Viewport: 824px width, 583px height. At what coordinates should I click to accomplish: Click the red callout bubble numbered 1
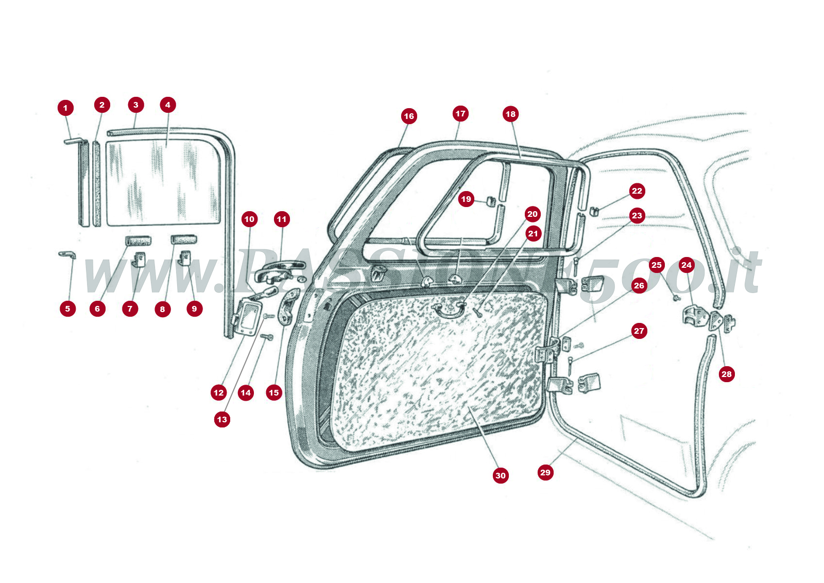[65, 108]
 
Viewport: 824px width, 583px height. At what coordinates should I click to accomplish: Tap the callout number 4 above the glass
[167, 105]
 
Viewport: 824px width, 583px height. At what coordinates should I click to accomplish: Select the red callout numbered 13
[222, 419]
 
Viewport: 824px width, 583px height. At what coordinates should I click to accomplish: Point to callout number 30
[501, 475]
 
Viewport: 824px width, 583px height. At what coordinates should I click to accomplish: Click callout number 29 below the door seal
[545, 472]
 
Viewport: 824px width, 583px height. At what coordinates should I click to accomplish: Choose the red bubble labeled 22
[637, 191]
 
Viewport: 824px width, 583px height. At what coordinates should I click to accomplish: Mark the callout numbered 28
[726, 374]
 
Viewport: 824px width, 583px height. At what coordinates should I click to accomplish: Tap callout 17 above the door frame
[460, 114]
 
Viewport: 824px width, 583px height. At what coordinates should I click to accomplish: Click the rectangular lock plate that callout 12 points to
[249, 318]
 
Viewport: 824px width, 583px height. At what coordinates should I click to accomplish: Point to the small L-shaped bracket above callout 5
[67, 254]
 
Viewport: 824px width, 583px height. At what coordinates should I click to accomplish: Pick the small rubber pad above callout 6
[139, 241]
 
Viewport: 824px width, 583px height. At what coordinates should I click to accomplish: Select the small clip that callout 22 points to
[594, 211]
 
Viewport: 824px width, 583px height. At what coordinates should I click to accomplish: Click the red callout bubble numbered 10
[249, 219]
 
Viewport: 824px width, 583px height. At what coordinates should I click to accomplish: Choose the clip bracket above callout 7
[139, 259]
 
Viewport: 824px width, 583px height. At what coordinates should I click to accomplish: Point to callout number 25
[656, 265]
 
